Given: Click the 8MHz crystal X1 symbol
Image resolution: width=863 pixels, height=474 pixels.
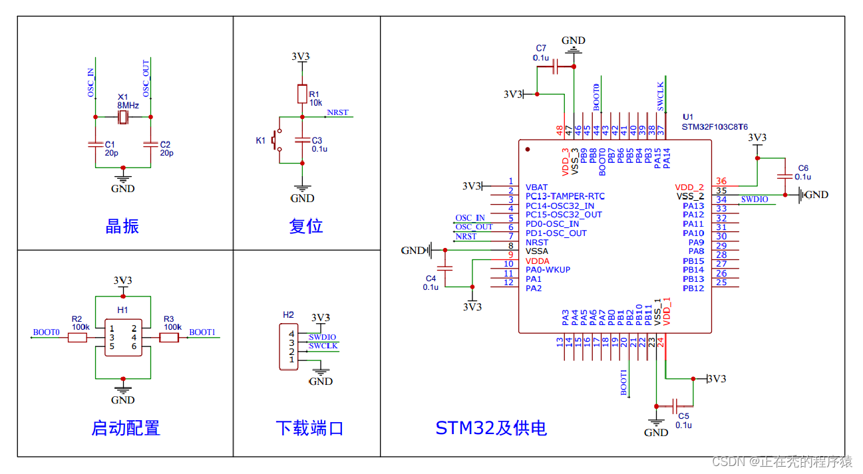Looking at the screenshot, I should tap(123, 117).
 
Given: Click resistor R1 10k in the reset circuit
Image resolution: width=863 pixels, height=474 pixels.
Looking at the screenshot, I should tap(302, 94).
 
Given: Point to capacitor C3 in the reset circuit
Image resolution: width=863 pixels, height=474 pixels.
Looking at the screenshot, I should tap(302, 140).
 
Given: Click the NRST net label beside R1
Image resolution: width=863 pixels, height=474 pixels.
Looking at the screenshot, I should tap(337, 112).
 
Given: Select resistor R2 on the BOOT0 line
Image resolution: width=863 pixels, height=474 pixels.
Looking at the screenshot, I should tap(77, 338).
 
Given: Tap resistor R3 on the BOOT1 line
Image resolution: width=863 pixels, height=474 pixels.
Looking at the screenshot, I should tap(170, 338).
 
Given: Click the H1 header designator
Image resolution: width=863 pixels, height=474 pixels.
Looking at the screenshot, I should tap(122, 310).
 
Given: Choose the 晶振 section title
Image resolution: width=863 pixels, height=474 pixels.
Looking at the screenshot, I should tap(122, 226).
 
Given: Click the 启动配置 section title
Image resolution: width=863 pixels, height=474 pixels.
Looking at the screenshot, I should tap(126, 427).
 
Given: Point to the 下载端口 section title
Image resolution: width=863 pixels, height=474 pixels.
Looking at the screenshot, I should tap(309, 427).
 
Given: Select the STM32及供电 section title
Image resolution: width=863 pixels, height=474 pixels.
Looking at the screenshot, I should tap(491, 427).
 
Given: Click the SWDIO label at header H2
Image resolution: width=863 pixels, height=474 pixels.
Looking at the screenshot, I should tap(322, 337).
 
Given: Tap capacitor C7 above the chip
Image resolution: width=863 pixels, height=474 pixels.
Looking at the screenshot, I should tap(556, 66).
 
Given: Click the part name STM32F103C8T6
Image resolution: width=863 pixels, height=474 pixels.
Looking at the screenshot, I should tap(715, 126).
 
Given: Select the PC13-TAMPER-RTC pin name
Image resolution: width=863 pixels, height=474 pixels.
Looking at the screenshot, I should tap(565, 197).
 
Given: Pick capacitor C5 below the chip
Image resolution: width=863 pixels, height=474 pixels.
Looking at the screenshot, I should tap(676, 406).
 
